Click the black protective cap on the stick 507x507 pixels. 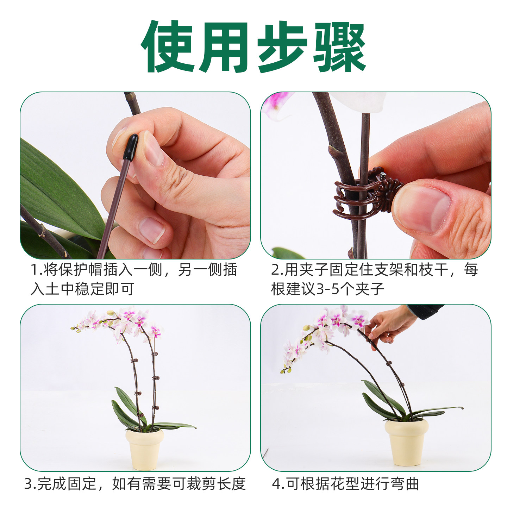131,147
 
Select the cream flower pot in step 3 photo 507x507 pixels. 144,449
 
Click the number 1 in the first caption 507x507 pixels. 35,270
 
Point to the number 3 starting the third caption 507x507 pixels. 29,484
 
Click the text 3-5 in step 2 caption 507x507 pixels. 328,289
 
